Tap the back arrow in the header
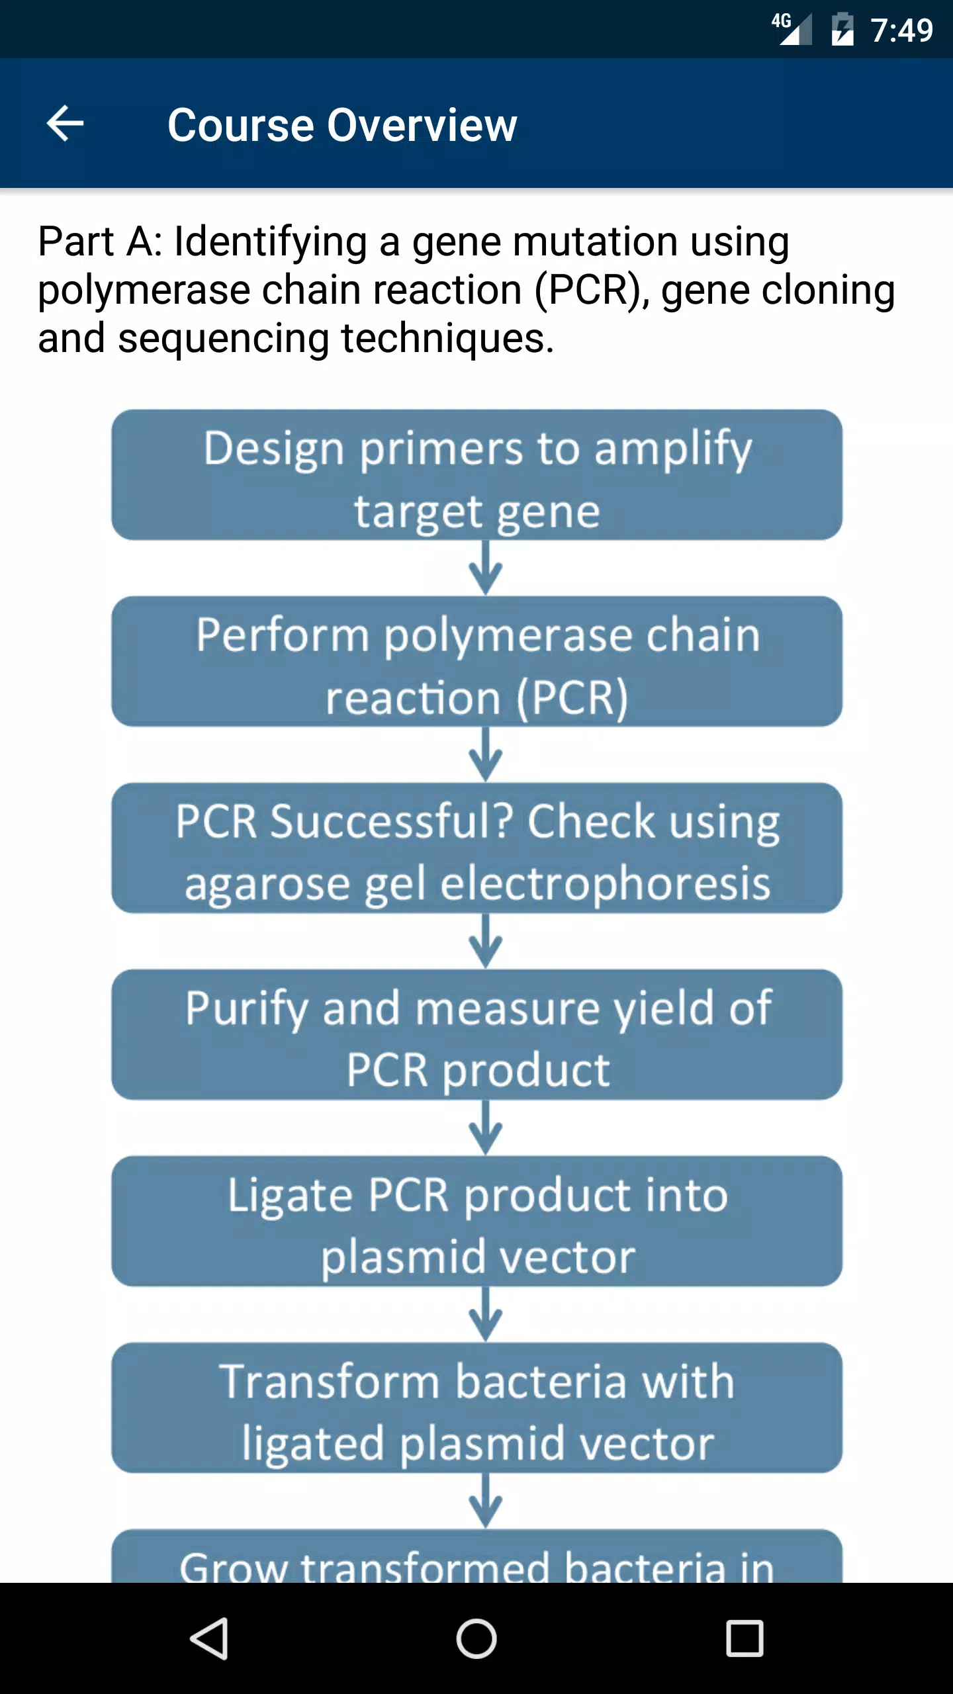click(65, 123)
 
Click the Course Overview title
click(342, 124)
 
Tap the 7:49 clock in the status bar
click(901, 30)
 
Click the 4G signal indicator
click(792, 29)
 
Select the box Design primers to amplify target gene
click(476, 474)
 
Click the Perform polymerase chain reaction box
click(476, 661)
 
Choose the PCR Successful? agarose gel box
click(476, 848)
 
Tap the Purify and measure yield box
click(476, 1034)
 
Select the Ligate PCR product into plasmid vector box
click(476, 1221)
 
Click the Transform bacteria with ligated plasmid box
click(476, 1407)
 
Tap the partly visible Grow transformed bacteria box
click(476, 1556)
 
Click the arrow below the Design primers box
click(486, 568)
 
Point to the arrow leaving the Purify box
click(486, 1128)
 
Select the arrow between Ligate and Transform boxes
click(486, 1314)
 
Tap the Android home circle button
click(476, 1638)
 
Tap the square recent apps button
click(745, 1638)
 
